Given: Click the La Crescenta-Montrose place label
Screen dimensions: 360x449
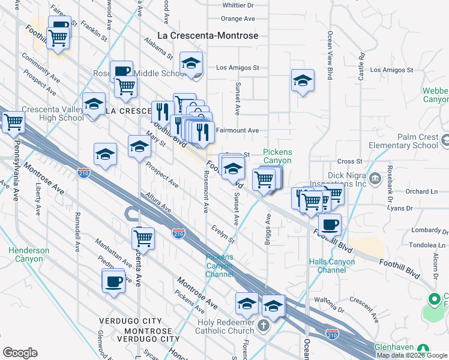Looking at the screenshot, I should (208, 35).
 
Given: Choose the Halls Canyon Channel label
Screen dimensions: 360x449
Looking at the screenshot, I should (332, 266).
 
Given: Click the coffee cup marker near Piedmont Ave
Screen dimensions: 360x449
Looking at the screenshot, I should (113, 281).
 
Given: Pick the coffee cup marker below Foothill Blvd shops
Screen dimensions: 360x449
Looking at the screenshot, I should (329, 225).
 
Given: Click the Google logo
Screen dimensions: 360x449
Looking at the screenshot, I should (20, 353).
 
